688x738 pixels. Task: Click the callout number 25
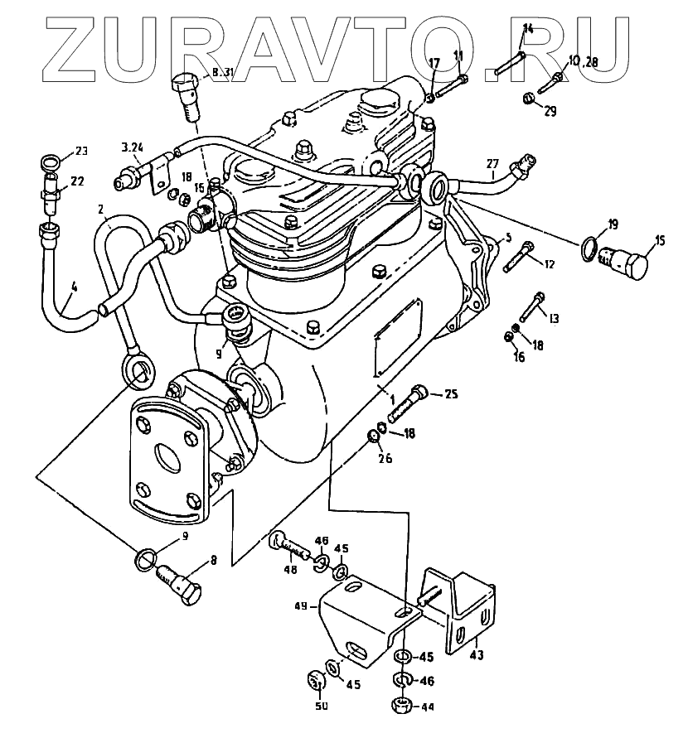451,394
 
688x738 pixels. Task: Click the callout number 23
80,150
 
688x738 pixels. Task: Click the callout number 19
613,224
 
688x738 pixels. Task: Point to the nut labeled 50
315,681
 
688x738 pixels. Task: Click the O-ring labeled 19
589,248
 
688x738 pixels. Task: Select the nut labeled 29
528,100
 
